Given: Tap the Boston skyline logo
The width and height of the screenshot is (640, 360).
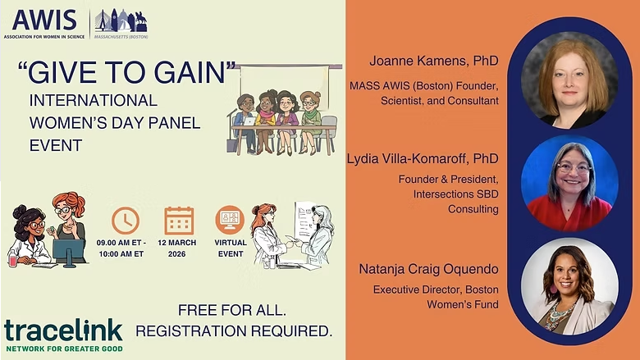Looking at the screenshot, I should (x=121, y=22).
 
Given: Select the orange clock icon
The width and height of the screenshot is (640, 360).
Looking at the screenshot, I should (x=126, y=221).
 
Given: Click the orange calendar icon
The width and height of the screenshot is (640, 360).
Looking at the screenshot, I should (x=179, y=221).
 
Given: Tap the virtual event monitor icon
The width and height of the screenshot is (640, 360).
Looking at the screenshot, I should (x=230, y=221).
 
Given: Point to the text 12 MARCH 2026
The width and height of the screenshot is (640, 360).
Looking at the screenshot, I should (x=179, y=248).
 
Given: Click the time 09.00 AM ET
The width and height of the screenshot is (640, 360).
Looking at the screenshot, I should (x=121, y=243).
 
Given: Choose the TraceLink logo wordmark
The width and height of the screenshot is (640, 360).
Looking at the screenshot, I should (x=63, y=330).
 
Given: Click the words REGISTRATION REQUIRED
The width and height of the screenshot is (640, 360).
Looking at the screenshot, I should (x=234, y=331).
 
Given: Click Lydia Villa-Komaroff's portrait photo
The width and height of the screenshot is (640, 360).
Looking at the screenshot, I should (x=569, y=182).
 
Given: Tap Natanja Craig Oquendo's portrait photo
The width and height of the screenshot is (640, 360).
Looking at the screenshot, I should (x=569, y=285).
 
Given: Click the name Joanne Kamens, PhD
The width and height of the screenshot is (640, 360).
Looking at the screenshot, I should (x=423, y=61).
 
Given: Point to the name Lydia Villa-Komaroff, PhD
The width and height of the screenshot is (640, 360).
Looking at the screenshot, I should (x=423, y=157).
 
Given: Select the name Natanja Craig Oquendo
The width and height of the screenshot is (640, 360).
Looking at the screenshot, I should (x=428, y=268).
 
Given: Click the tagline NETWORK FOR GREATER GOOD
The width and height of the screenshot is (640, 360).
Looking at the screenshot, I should (x=63, y=348).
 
